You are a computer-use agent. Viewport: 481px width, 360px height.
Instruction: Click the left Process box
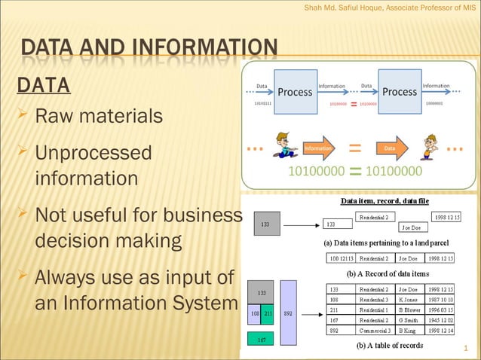294,91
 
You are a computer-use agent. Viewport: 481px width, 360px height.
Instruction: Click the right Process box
399,91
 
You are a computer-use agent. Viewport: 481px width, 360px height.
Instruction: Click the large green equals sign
355,172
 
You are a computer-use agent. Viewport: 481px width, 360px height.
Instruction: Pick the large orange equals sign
354,148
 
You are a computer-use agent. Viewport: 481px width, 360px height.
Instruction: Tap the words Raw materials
99,117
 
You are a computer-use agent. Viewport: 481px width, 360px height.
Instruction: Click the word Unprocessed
93,153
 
